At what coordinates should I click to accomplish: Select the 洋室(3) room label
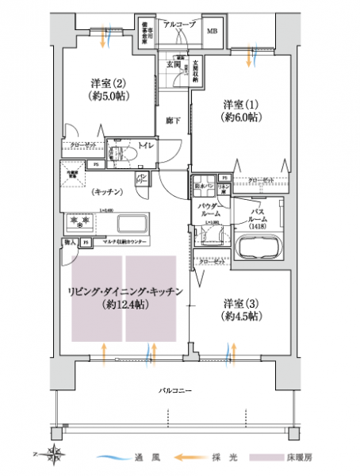coord(239,308)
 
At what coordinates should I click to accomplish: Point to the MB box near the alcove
coord(213,32)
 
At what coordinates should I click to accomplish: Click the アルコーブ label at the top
coord(178,25)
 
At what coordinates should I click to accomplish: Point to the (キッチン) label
coord(105,191)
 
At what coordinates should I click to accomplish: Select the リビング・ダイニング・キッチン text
coord(126,292)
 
